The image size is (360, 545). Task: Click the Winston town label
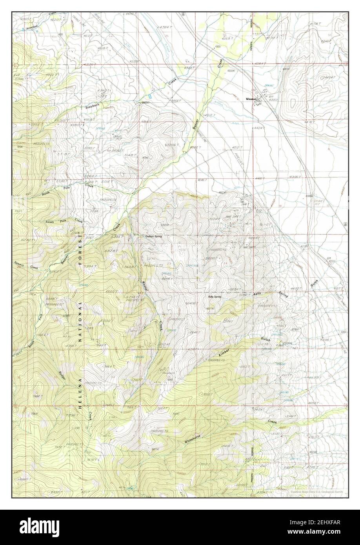click(251, 99)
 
